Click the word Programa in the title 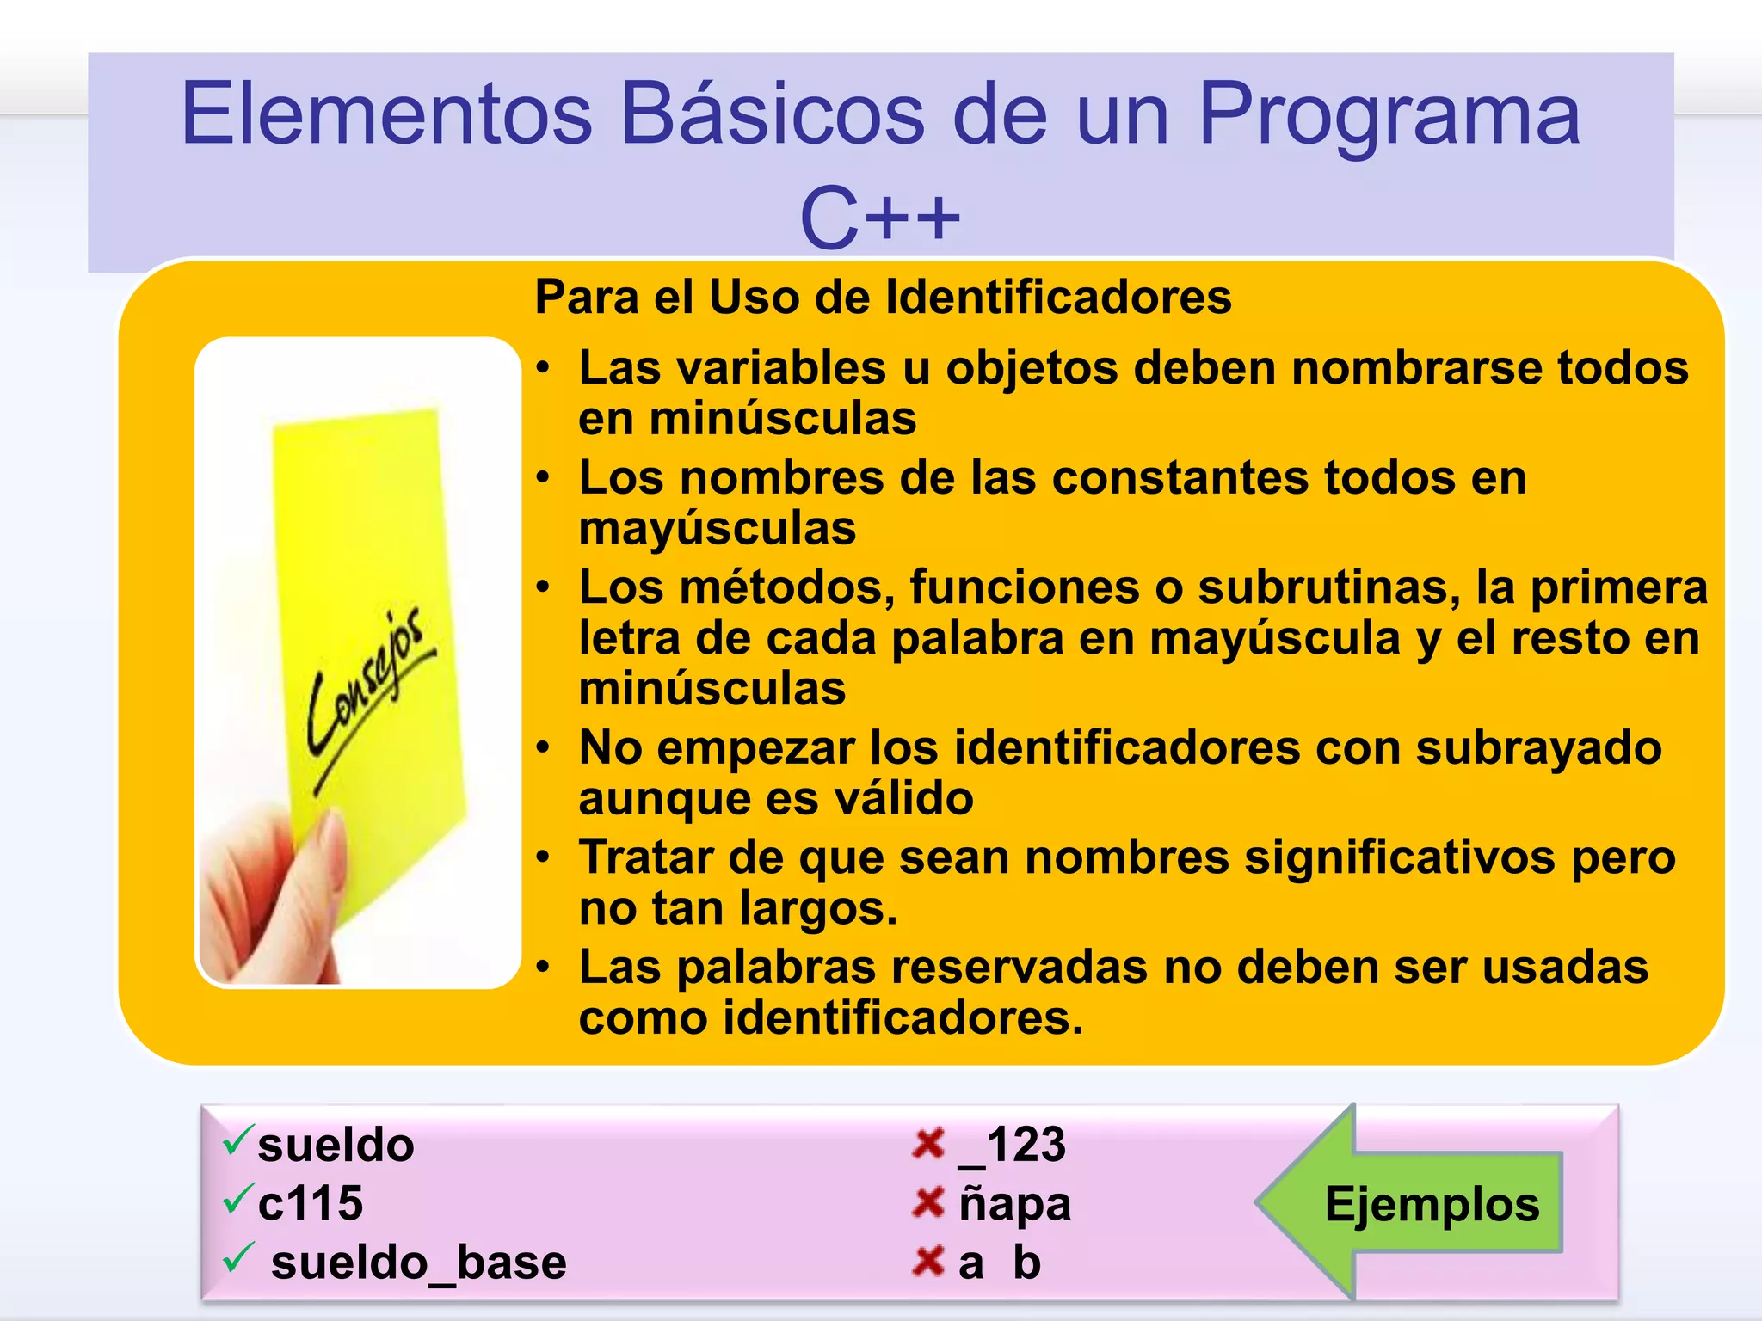(x=1389, y=114)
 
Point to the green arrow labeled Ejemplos (x=1411, y=1202)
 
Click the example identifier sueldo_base (x=418, y=1263)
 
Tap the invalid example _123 (x=1013, y=1145)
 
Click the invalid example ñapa (x=1015, y=1203)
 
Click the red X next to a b (x=928, y=1261)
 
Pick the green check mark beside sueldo (x=237, y=1140)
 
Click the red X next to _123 (x=928, y=1144)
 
